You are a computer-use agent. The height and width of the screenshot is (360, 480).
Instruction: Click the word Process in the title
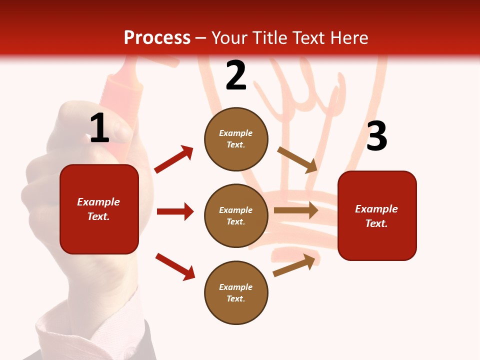157,37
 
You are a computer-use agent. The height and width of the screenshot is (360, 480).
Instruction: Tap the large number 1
99,128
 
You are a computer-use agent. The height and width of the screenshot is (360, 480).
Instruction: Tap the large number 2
236,75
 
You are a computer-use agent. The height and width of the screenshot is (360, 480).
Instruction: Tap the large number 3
377,136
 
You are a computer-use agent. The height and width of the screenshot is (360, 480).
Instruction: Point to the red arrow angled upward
174,159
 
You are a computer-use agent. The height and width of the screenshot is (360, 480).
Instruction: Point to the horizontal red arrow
175,211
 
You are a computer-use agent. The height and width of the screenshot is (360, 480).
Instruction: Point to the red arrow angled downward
175,266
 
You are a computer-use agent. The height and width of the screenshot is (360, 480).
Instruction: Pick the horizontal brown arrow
296,210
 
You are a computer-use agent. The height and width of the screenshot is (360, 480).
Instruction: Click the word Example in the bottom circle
236,287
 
